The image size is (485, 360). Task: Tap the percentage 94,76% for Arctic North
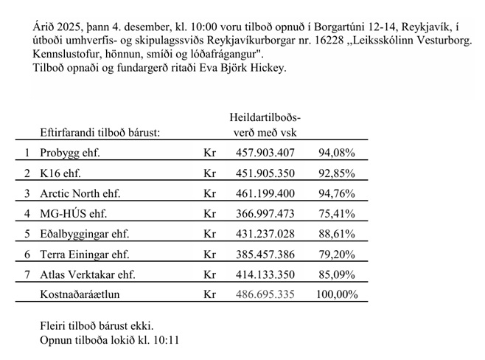pyautogui.click(x=337, y=194)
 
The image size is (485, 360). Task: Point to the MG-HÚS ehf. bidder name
pyautogui.click(x=74, y=214)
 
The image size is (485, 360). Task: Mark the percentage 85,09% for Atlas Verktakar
pyautogui.click(x=337, y=274)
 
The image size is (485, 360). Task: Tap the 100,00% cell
pyautogui.click(x=334, y=294)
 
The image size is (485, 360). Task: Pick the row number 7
pyautogui.click(x=27, y=274)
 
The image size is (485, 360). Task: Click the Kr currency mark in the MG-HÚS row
pyautogui.click(x=209, y=214)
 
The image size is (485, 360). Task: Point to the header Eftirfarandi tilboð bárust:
pyautogui.click(x=101, y=133)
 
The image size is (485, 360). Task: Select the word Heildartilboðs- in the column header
pyautogui.click(x=265, y=117)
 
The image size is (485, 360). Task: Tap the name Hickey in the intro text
pyautogui.click(x=266, y=69)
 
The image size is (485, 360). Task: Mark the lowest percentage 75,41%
pyautogui.click(x=337, y=214)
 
